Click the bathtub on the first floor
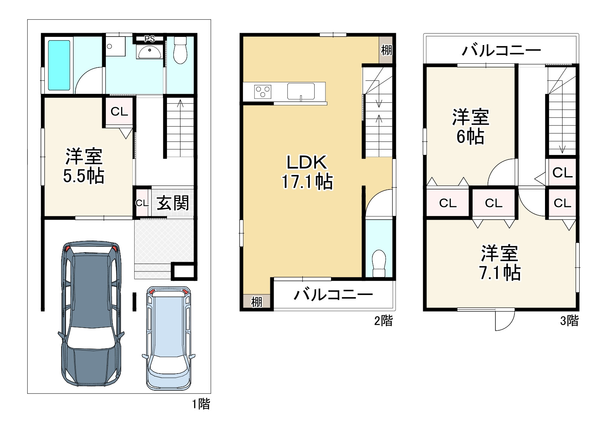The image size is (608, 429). pos(59,65)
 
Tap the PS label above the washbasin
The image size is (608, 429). pos(149,39)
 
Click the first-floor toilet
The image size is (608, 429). pos(180,50)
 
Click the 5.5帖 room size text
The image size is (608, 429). pos(84,176)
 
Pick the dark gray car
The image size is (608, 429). pos(91,314)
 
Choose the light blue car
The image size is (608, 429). pos(168,339)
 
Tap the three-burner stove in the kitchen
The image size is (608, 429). pos(263,92)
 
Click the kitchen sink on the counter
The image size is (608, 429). pos(301,92)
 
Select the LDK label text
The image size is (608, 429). pos(307,162)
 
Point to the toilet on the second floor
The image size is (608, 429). pos(379,263)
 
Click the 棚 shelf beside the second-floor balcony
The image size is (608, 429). pos(256,302)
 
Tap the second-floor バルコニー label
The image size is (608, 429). pos(333,295)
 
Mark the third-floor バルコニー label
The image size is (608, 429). pos(501,50)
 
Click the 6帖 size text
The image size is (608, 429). pos(470,136)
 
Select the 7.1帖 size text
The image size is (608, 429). pos(500,273)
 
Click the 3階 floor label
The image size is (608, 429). pos(570,321)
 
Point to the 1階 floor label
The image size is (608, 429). pos(201,404)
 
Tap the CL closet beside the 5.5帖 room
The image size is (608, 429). pos(119,111)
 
